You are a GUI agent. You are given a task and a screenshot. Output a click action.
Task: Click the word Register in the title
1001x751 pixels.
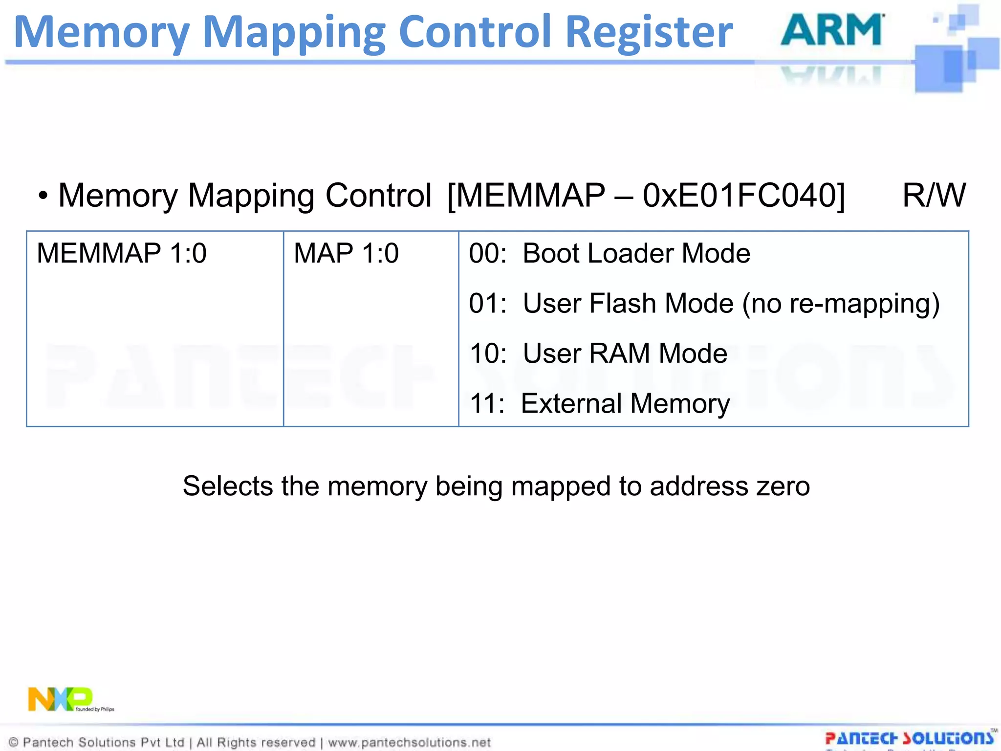tap(649, 32)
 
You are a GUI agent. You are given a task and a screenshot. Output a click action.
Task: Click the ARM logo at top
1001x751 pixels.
tap(832, 30)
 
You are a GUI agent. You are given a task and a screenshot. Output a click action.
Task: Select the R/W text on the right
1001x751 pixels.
tap(934, 196)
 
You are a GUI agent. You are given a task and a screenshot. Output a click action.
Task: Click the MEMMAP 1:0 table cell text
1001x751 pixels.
tap(122, 253)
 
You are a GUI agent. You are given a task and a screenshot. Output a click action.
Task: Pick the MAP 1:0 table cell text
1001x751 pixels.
tap(346, 253)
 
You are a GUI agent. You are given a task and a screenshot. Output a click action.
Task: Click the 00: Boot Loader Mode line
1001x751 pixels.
tap(609, 253)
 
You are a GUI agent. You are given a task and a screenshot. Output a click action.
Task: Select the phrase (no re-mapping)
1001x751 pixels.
tap(841, 304)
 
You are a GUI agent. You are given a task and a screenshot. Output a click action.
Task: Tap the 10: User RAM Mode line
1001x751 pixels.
tap(598, 353)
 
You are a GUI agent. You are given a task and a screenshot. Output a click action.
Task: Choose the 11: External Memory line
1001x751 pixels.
tap(599, 404)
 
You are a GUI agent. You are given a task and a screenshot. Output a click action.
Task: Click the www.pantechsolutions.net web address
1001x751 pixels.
tap(409, 743)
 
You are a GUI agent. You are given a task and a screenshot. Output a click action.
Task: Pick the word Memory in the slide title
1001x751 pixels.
tap(102, 32)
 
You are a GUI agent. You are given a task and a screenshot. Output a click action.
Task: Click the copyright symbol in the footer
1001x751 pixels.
tap(14, 743)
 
